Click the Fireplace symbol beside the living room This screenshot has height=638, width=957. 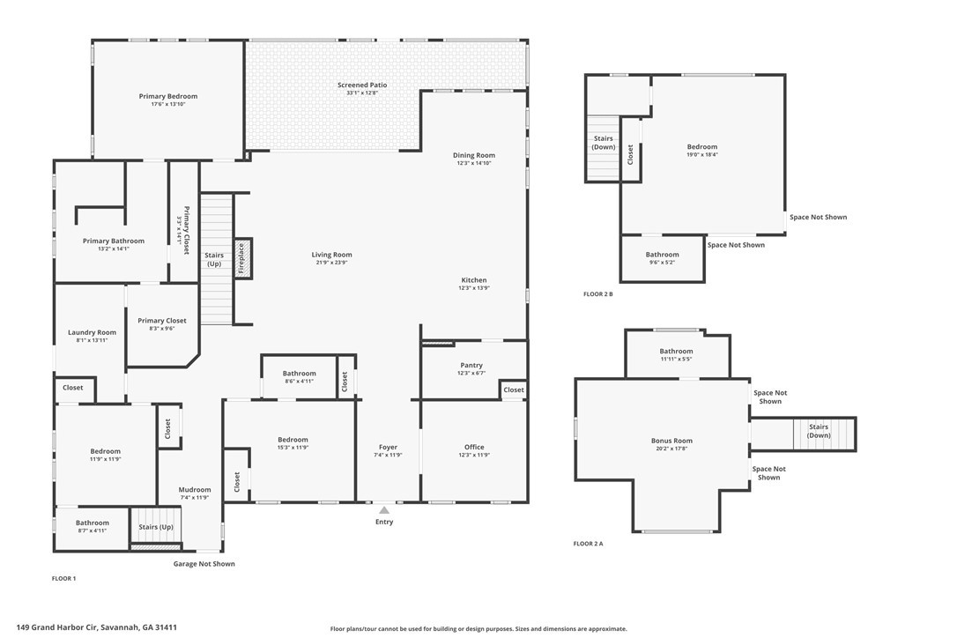pyautogui.click(x=242, y=259)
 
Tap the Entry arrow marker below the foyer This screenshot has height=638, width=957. pyautogui.click(x=384, y=509)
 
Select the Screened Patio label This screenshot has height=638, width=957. pyautogui.click(x=362, y=85)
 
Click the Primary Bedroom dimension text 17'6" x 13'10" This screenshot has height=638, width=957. pyautogui.click(x=167, y=105)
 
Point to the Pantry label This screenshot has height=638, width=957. pyautogui.click(x=471, y=365)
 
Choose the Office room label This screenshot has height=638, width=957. pyautogui.click(x=474, y=447)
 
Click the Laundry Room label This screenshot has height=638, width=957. pyautogui.click(x=92, y=332)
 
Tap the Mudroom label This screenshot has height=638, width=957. pyautogui.click(x=195, y=490)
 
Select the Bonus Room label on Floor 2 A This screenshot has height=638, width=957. pyautogui.click(x=671, y=441)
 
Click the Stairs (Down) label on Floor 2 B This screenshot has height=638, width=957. pyautogui.click(x=604, y=143)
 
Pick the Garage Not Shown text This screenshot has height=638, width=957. pyautogui.click(x=204, y=564)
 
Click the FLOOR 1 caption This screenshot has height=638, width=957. pyautogui.click(x=64, y=579)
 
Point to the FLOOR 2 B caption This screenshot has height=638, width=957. pyautogui.click(x=598, y=293)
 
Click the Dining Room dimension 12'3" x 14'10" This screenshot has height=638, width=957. pyautogui.click(x=474, y=163)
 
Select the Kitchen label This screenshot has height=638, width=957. pyautogui.click(x=474, y=280)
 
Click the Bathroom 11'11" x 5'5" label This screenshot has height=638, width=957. pyautogui.click(x=676, y=352)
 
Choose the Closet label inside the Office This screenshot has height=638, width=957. pyautogui.click(x=514, y=389)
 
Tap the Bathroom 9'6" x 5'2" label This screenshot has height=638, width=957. pyautogui.click(x=662, y=255)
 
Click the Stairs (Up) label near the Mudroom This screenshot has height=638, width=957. pyautogui.click(x=155, y=527)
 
